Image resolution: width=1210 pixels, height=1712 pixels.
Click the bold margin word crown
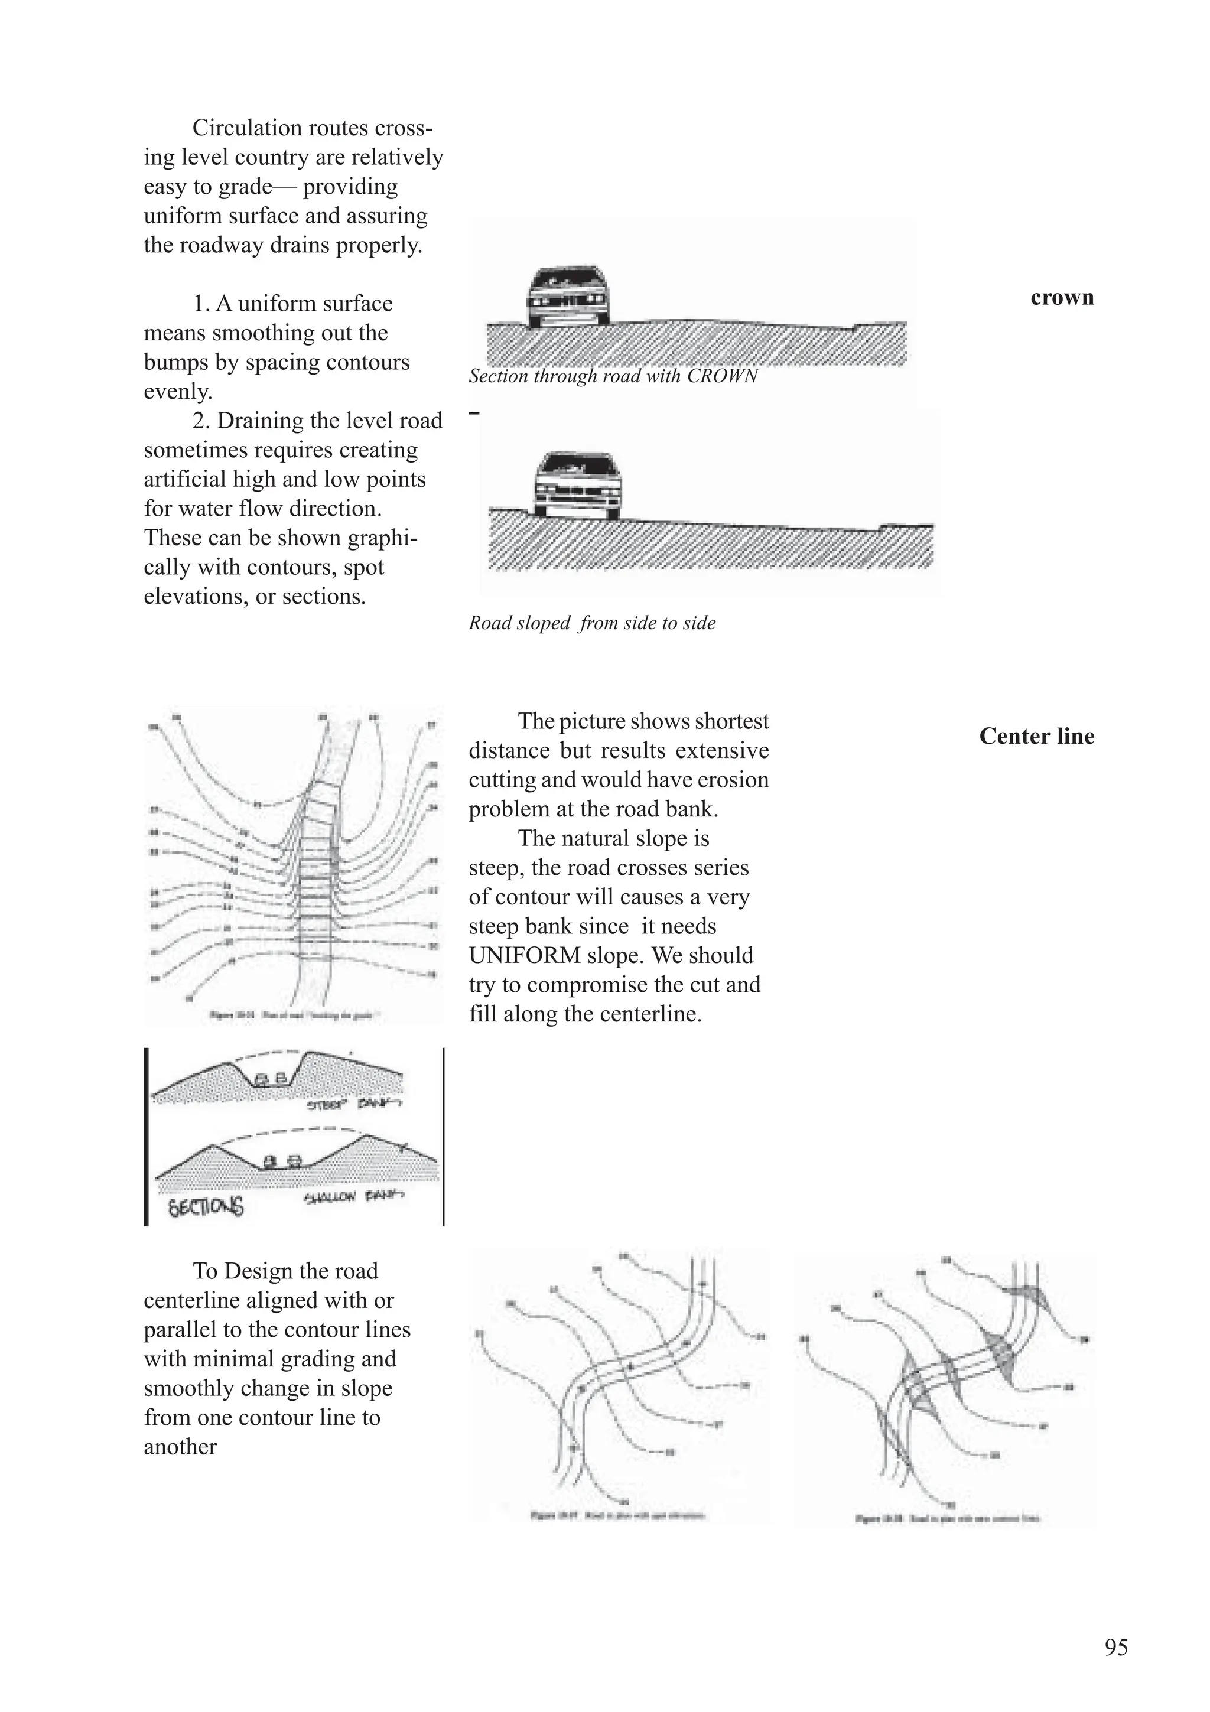pos(1062,298)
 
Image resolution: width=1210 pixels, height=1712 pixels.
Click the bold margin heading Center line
pos(1036,737)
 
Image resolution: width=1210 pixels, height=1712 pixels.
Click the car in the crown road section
pos(567,297)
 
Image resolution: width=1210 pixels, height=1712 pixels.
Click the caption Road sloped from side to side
pos(591,623)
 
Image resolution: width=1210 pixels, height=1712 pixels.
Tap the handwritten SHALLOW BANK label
pos(354,1197)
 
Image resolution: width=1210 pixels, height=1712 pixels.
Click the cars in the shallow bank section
pos(282,1161)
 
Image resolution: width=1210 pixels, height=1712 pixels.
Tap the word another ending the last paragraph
pos(180,1447)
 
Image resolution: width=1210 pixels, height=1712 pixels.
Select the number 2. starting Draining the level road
pos(201,421)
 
